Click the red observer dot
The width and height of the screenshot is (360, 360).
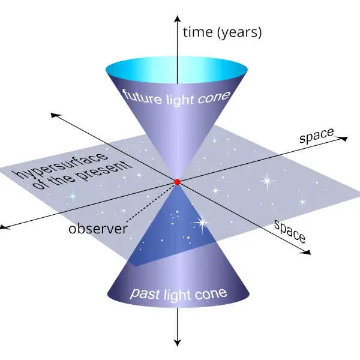tap(177, 181)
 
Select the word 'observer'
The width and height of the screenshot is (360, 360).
tap(98, 229)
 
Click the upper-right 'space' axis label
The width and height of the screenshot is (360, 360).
tap(316, 136)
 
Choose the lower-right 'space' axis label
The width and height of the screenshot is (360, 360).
tap(290, 230)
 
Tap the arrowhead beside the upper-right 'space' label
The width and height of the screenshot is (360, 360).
tap(344, 139)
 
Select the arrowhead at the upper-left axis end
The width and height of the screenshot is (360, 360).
tap(55, 114)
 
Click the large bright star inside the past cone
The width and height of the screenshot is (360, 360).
tap(201, 223)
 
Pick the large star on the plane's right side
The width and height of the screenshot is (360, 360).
tap(266, 181)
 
